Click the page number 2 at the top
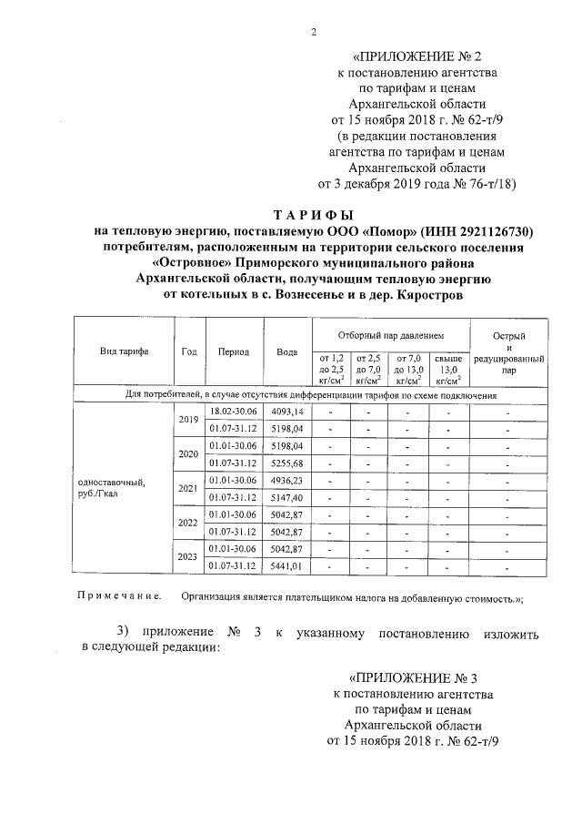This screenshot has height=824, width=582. coord(313,33)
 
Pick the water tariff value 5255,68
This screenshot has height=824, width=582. coord(286,463)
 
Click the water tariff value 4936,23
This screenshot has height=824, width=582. coord(286,480)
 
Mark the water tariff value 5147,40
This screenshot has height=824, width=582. coord(286,497)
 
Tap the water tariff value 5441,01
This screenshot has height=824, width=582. coord(286,566)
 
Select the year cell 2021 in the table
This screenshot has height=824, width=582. coord(188,489)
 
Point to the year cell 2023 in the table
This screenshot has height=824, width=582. coord(188,557)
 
